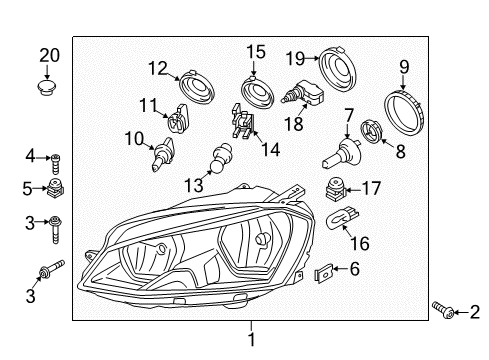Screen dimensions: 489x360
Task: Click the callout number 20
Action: point(50,56)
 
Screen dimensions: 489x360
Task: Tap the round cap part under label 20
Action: point(47,87)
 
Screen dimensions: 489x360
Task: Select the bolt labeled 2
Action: point(443,310)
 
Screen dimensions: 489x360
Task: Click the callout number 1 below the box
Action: point(252,339)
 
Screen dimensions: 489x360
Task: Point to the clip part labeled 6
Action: point(324,272)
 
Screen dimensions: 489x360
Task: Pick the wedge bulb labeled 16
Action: point(342,217)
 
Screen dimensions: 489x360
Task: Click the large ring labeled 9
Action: point(404,111)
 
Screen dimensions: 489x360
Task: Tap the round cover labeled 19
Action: point(338,70)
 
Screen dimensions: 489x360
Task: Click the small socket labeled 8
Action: point(372,130)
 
